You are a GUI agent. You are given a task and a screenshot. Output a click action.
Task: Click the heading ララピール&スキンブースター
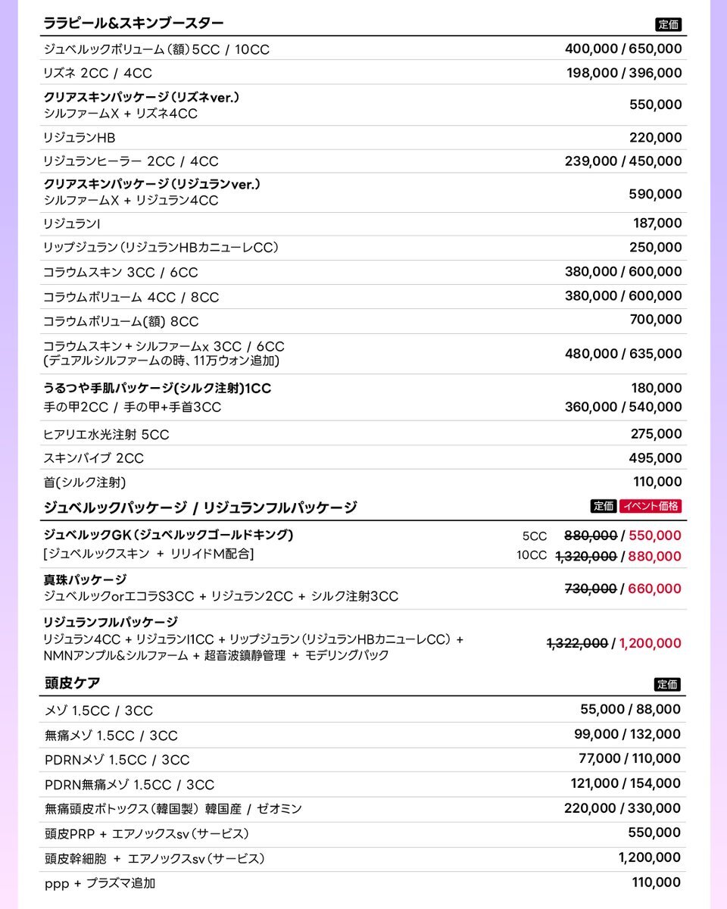[133, 23]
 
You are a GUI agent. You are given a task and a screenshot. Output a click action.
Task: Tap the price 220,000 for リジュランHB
[655, 138]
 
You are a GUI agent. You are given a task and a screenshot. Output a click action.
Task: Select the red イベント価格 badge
[651, 506]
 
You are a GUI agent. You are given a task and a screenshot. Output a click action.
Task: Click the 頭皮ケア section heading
[73, 683]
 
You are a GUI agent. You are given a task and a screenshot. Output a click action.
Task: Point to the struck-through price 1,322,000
[577, 643]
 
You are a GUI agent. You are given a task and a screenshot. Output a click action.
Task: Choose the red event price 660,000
[654, 589]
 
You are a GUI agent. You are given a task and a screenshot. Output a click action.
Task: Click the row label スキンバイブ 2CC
[93, 458]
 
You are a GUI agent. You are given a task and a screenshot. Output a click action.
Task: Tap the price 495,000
[655, 458]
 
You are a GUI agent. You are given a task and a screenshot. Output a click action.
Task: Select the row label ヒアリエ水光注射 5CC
[106, 434]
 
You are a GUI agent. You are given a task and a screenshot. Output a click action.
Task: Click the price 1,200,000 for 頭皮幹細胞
[649, 857]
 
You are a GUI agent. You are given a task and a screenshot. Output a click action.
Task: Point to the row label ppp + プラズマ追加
[100, 882]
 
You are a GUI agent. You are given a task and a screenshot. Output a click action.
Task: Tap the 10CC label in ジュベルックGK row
[531, 555]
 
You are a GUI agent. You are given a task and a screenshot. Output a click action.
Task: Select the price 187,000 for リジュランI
[657, 223]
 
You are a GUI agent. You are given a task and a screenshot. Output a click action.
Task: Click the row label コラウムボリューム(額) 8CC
[121, 321]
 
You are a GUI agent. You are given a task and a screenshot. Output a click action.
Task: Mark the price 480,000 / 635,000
[623, 353]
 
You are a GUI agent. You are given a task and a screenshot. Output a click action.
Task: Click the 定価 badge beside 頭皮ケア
[667, 685]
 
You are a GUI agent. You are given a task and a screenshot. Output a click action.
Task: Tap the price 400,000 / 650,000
[623, 49]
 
